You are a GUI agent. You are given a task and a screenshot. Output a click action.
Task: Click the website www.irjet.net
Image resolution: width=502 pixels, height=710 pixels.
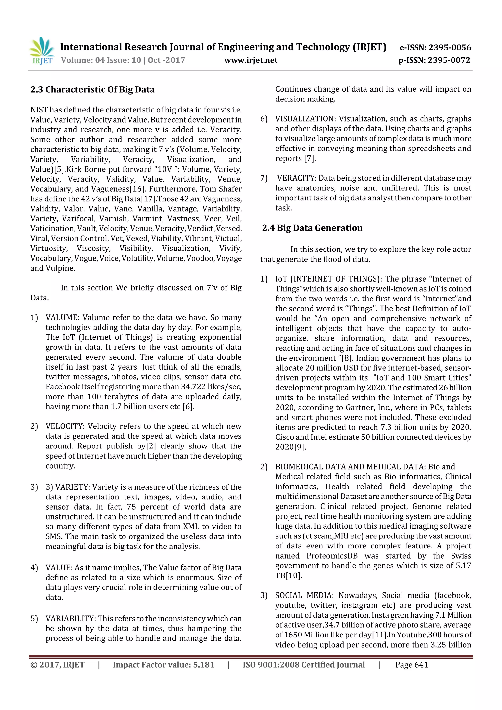click(x=251, y=60)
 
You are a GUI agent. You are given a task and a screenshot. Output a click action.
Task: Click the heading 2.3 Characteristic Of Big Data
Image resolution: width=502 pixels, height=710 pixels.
click(x=92, y=90)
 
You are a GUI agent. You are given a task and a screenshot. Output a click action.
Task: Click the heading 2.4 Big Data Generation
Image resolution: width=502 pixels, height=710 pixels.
click(x=312, y=228)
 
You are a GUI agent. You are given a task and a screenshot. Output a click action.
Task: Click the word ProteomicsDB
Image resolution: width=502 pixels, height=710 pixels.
click(x=332, y=556)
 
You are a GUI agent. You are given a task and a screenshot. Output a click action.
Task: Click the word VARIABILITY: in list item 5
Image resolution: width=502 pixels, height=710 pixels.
click(x=71, y=619)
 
